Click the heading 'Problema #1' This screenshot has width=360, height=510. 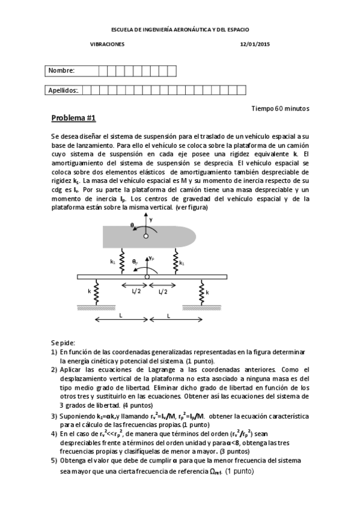(x=73, y=118)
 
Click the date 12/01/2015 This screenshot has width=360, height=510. (x=255, y=44)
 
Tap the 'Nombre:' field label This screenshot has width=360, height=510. (x=61, y=71)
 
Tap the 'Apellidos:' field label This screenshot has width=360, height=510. (x=63, y=90)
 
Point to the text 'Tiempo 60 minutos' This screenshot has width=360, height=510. (x=280, y=108)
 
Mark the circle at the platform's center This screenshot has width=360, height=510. (x=147, y=277)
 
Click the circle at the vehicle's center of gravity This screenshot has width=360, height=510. (x=145, y=236)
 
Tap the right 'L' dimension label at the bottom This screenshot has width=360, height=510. (x=169, y=315)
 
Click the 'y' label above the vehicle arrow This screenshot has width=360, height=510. (x=151, y=220)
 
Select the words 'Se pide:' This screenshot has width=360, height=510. (x=63, y=342)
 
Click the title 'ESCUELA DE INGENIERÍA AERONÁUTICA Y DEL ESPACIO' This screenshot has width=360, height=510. (x=181, y=29)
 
